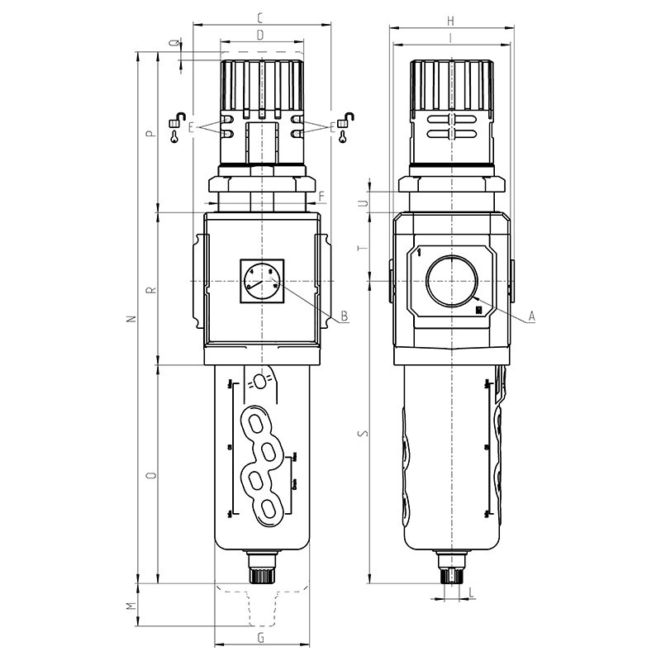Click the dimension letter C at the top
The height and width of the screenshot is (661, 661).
pyautogui.click(x=260, y=17)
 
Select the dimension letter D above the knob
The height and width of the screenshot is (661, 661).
pyautogui.click(x=260, y=35)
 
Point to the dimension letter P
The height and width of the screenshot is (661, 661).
pyautogui.click(x=150, y=135)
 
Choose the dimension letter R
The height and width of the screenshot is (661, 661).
pyautogui.click(x=150, y=290)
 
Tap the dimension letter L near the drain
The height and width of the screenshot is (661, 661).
pyautogui.click(x=470, y=592)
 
